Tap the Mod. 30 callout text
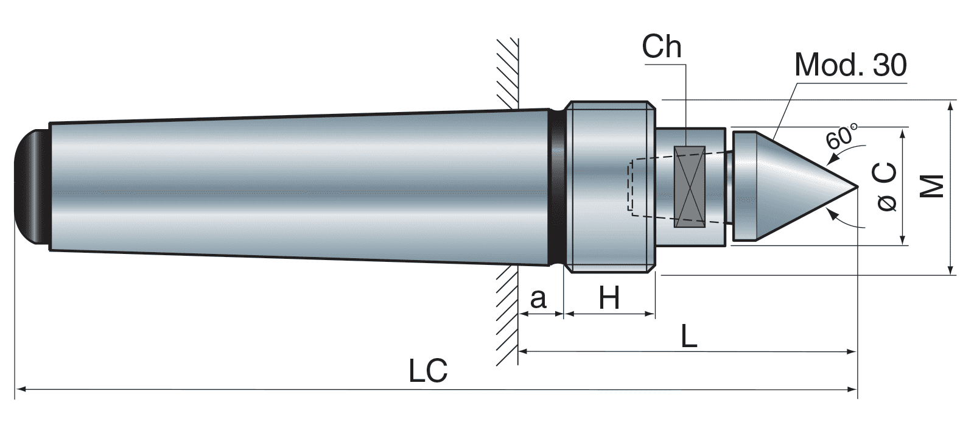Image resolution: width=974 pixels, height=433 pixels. pyautogui.click(x=850, y=65)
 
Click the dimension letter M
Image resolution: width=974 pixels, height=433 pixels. pyautogui.click(x=931, y=186)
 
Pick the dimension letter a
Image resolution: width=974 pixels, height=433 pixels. pyautogui.click(x=538, y=298)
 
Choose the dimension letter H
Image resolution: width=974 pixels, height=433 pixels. pyautogui.click(x=609, y=298)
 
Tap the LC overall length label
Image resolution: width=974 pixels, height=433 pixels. pyautogui.click(x=428, y=371)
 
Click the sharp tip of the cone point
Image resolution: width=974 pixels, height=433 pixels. pyautogui.click(x=858, y=187)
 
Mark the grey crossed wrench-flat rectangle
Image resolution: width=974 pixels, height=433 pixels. pyautogui.click(x=689, y=187)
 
